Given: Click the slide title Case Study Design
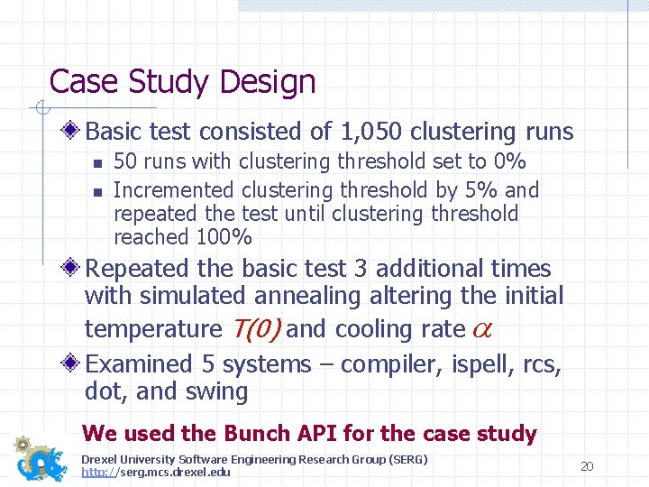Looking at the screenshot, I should [x=182, y=82].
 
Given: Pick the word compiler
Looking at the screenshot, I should [x=384, y=364].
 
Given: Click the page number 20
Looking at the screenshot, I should [x=587, y=466].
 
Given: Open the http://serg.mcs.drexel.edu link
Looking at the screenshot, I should [x=155, y=472].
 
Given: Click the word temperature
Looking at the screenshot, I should [x=152, y=330].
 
